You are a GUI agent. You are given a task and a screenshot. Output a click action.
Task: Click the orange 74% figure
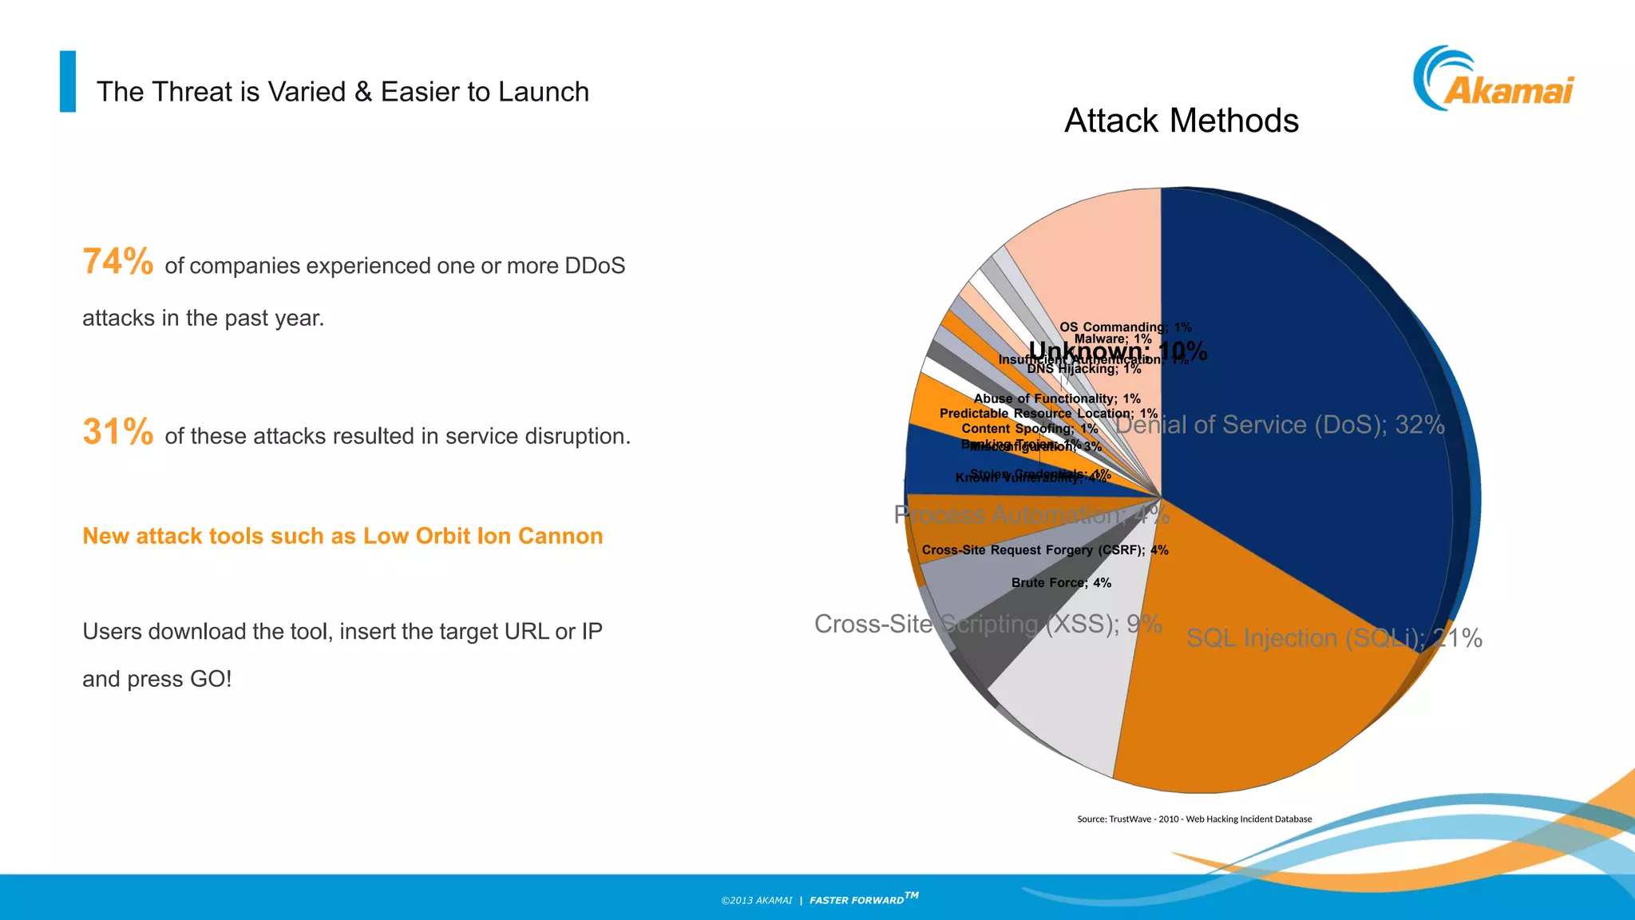pyautogui.click(x=118, y=262)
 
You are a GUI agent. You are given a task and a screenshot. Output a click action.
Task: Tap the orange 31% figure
pyautogui.click(x=118, y=432)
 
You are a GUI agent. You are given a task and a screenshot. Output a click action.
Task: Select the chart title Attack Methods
pyautogui.click(x=1182, y=121)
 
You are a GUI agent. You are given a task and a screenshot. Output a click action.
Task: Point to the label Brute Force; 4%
pyautogui.click(x=1061, y=583)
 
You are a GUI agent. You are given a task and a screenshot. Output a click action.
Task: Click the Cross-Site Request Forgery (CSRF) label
pyautogui.click(x=1044, y=550)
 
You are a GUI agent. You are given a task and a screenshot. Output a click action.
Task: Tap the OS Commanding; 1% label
pyautogui.click(x=1125, y=327)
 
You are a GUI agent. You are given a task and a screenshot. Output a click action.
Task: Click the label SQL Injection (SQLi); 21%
pyautogui.click(x=1333, y=638)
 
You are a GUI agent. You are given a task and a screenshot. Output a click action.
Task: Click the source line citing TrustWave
pyautogui.click(x=1194, y=819)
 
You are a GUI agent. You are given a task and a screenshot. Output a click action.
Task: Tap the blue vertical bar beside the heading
pyautogui.click(x=68, y=81)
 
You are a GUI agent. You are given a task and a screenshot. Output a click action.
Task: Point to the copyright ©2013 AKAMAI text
pyautogui.click(x=756, y=901)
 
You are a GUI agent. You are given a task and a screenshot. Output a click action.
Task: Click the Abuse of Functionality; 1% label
pyautogui.click(x=1056, y=399)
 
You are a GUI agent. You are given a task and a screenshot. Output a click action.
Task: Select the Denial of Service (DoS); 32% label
pyautogui.click(x=1280, y=425)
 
